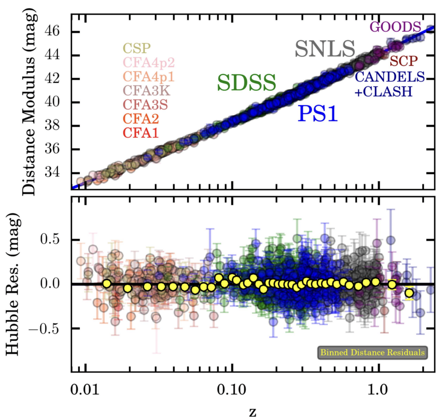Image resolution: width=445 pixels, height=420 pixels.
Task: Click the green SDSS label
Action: coord(246,82)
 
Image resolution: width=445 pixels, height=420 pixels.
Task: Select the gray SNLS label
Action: coord(325,49)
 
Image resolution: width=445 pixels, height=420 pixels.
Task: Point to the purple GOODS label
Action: coord(395,26)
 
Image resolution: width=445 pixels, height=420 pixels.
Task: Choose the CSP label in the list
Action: coord(137,48)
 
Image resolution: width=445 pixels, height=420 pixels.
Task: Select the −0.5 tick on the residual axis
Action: coord(51,328)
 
